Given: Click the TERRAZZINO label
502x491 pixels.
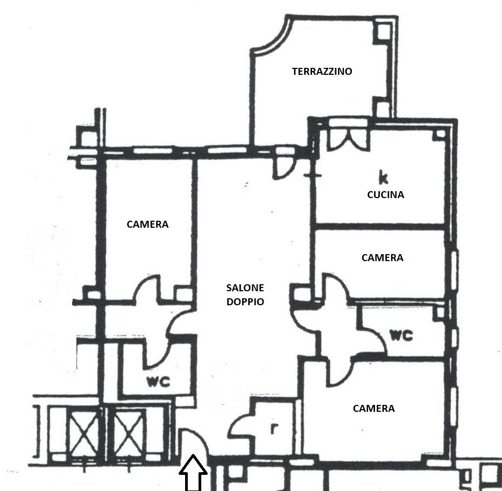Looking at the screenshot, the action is click(322, 71).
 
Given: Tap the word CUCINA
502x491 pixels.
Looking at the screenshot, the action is click(385, 195).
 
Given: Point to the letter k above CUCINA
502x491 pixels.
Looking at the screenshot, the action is click(383, 178).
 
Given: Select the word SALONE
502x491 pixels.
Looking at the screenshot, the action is click(245, 288).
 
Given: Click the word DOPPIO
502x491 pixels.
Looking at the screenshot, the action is click(245, 301).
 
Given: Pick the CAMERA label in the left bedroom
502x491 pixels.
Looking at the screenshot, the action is click(147, 224).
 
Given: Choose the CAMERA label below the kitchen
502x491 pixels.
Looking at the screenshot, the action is click(382, 257).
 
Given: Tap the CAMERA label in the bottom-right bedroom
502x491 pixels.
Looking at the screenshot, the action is click(373, 409).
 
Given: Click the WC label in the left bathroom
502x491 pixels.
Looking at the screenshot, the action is click(158, 382).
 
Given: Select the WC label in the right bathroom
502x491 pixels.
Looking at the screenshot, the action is click(401, 335).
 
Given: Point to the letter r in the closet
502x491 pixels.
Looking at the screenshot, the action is click(273, 429).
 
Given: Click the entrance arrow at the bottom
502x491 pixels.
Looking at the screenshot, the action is click(193, 473).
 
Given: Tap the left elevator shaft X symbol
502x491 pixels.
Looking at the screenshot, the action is click(83, 433).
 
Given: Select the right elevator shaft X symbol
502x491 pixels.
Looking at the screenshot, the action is click(128, 433).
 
